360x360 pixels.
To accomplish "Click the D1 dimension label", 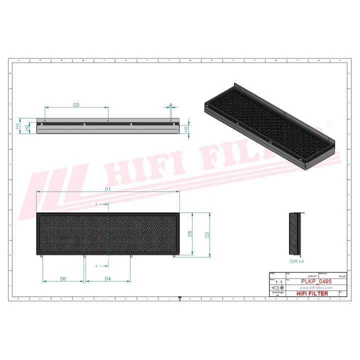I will coord(107,189).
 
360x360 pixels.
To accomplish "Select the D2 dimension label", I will coord(76,104).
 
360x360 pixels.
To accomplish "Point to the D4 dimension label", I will coord(107,278).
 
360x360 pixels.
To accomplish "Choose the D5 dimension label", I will coord(190,233).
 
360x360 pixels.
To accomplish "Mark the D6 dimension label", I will coord(63,278).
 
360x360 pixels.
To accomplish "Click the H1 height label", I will coord(18,126).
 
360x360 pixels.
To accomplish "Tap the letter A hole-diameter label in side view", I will coord(170,105).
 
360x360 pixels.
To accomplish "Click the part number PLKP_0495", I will coord(316,282).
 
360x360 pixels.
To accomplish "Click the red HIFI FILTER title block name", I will coord(312,293).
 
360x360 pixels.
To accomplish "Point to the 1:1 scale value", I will coord(278,282).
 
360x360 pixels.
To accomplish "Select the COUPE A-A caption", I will coord(297,260).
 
